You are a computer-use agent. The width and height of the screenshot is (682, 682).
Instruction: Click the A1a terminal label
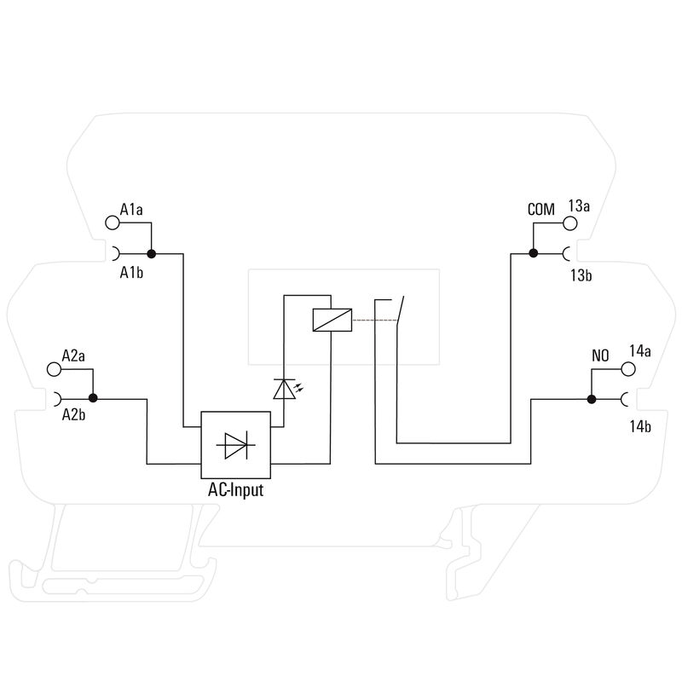pyautogui.click(x=131, y=209)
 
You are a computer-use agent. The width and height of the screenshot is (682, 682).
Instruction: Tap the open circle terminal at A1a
pyautogui.click(x=112, y=223)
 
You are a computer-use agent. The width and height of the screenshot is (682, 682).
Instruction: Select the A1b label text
pyautogui.click(x=131, y=273)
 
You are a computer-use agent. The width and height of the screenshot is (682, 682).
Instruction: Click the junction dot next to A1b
pyautogui.click(x=151, y=253)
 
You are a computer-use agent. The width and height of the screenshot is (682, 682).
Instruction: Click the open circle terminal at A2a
pyautogui.click(x=54, y=369)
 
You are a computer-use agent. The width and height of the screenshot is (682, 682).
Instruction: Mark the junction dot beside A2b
pyautogui.click(x=93, y=397)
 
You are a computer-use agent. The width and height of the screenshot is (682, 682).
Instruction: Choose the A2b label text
pyautogui.click(x=73, y=416)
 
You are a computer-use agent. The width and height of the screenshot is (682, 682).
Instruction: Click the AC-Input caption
pyautogui.click(x=236, y=491)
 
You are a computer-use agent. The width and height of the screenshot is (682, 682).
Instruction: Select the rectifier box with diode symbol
pyautogui.click(x=236, y=445)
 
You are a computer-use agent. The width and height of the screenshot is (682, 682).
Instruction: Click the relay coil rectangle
pyautogui.click(x=329, y=320)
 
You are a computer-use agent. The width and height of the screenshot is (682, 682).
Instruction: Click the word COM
pyautogui.click(x=540, y=209)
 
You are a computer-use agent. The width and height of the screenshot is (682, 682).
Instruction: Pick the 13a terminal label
pyautogui.click(x=580, y=205)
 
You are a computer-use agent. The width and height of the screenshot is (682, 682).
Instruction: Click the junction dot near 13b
pyautogui.click(x=533, y=253)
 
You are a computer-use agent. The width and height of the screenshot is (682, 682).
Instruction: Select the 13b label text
pyautogui.click(x=581, y=275)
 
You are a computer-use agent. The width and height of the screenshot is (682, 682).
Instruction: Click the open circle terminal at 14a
pyautogui.click(x=629, y=369)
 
